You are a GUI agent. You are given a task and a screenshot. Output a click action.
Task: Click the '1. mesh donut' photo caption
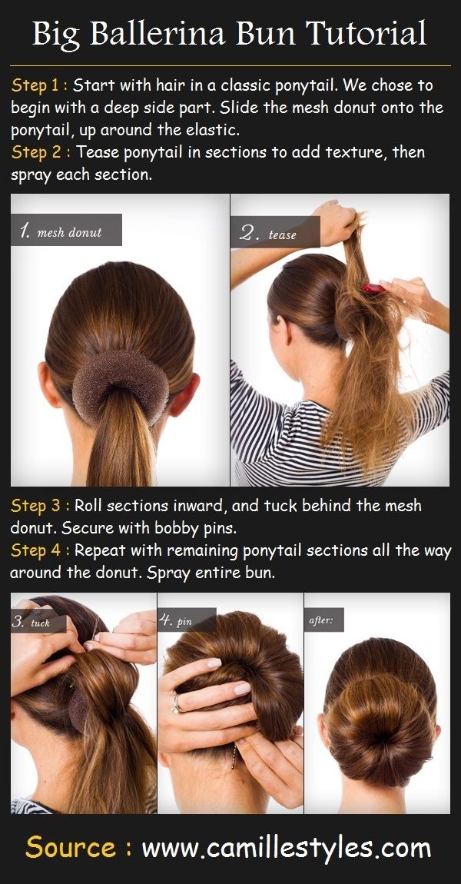point(66,231)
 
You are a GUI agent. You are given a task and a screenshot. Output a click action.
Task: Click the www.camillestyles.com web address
point(287,849)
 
